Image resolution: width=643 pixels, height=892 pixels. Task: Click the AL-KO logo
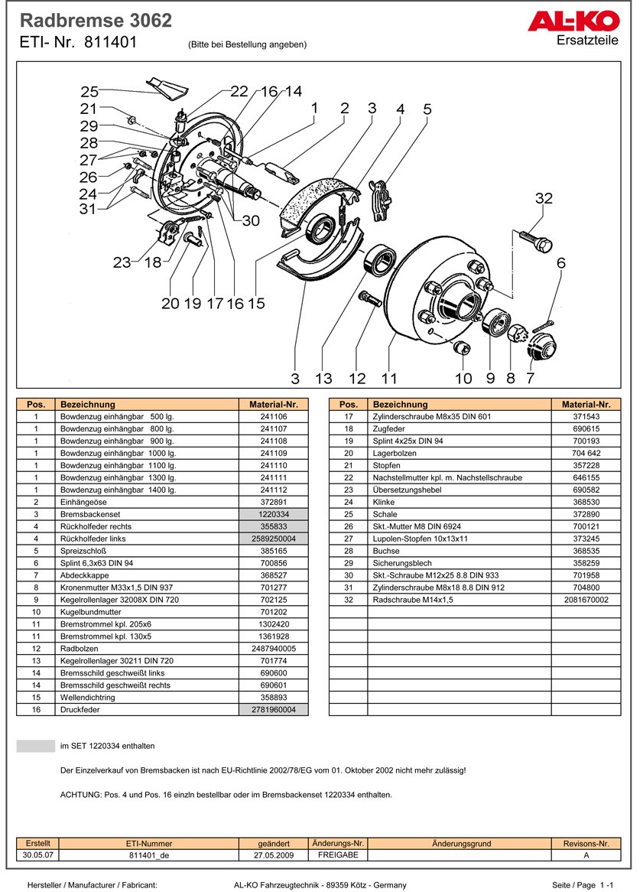(x=573, y=21)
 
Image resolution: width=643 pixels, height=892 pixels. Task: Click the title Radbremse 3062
(x=96, y=21)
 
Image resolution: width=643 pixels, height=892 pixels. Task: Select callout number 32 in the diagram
(x=544, y=199)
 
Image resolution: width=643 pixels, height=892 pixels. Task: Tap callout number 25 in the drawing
(x=90, y=90)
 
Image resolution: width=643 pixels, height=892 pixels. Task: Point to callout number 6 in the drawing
(x=561, y=262)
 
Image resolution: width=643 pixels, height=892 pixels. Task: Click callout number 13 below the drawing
(x=323, y=378)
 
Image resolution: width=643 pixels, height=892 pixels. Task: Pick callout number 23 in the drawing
(x=122, y=262)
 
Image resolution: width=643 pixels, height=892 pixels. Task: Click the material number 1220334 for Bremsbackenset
(x=273, y=514)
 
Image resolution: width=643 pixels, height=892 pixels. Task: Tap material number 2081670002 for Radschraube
(x=586, y=600)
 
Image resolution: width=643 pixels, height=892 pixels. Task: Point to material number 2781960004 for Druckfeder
(x=273, y=710)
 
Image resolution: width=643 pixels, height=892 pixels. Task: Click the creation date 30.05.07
(x=37, y=855)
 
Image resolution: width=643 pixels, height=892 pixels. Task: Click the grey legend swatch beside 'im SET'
(x=36, y=746)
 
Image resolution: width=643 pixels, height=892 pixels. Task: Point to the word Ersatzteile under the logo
(x=587, y=40)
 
